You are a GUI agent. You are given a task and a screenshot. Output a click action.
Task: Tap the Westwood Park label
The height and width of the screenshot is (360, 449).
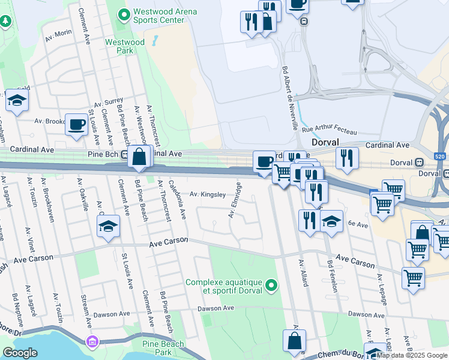point(125,47)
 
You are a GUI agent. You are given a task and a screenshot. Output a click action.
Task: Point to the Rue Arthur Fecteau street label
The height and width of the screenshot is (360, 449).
point(329,130)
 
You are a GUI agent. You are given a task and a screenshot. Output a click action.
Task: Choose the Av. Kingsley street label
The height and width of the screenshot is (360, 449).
point(208,194)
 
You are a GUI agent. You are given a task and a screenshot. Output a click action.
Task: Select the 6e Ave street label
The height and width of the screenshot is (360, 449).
point(358,224)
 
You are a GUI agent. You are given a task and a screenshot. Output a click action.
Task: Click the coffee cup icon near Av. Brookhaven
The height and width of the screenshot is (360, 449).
point(76,125)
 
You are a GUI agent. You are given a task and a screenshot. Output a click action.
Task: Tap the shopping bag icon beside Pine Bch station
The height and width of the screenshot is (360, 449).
point(139,157)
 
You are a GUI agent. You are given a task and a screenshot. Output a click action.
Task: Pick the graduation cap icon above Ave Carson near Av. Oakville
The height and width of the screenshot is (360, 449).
point(108,226)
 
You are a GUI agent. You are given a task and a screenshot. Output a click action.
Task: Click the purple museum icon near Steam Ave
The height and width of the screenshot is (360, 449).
point(92,342)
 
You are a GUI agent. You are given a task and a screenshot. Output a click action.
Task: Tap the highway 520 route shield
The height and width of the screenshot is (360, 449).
point(440,156)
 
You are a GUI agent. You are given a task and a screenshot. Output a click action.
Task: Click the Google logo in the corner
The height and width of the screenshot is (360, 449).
point(20,353)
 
